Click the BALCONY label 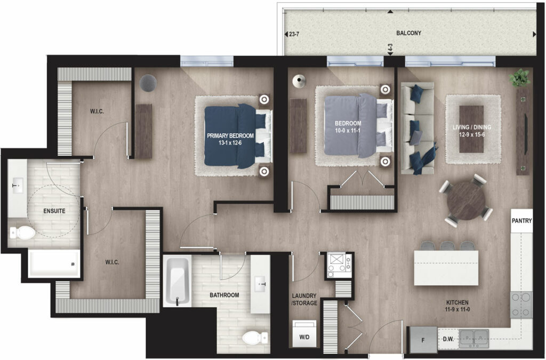408,33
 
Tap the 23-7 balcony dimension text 294,35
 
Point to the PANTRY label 521,221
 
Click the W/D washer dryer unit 304,334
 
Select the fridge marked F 423,340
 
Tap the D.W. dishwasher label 448,339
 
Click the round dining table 466,201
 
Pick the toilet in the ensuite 22,233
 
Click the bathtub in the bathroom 178,281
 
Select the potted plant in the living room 520,78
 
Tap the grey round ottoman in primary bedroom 148,83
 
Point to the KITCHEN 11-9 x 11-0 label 457,306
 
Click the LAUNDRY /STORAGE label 304,299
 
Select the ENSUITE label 54,211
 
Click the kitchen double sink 473,339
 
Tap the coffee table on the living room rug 471,129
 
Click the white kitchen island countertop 446,268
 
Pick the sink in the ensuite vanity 18,186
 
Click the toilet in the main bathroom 255,338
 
